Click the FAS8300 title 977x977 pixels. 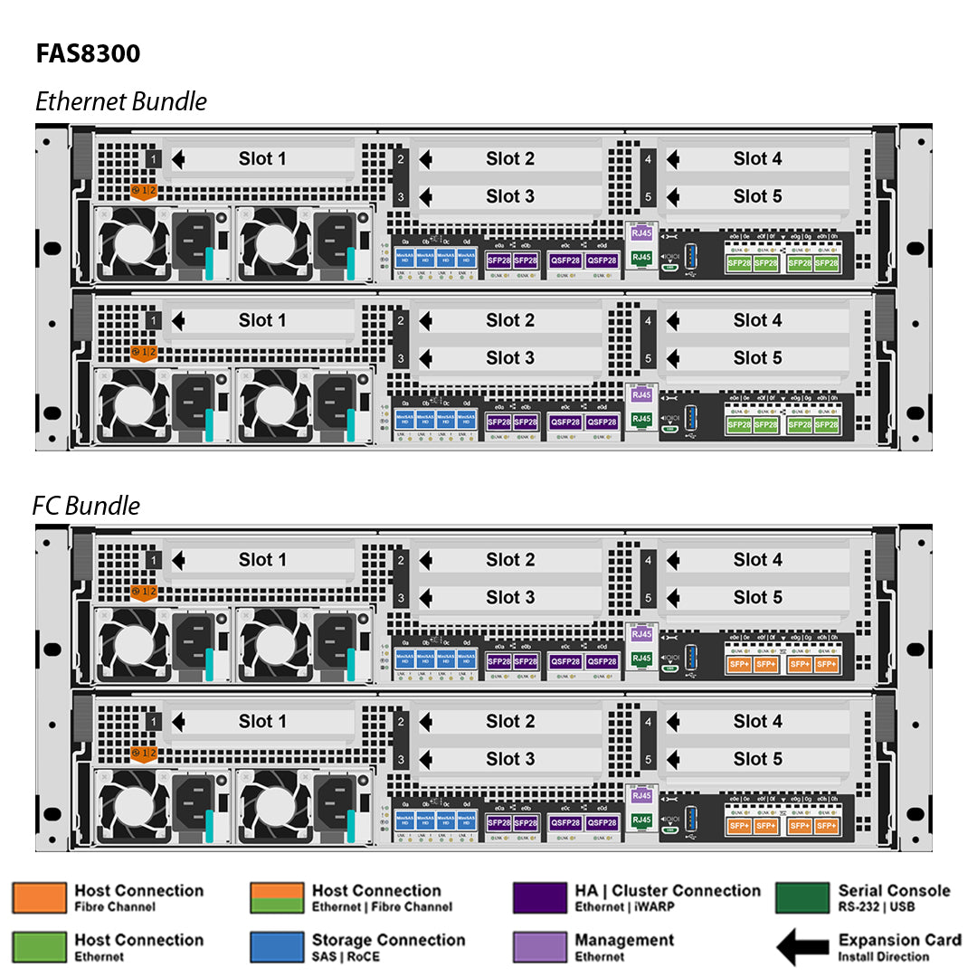88,53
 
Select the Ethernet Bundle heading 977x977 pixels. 121,101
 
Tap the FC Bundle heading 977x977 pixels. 86,505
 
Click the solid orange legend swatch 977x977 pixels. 39,897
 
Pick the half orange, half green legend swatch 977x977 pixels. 277,897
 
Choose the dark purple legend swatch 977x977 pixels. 539,897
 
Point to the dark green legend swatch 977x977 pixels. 802,897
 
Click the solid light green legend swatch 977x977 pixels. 39,946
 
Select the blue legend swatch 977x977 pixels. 277,946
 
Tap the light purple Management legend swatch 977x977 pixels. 539,946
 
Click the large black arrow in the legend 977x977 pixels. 802,947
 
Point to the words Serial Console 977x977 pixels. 894,890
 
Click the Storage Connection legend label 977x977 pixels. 388,940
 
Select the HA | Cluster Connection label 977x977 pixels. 668,890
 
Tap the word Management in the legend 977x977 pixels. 624,940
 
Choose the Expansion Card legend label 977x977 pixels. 899,940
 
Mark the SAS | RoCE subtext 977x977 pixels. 346,956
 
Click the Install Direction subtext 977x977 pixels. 883,956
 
